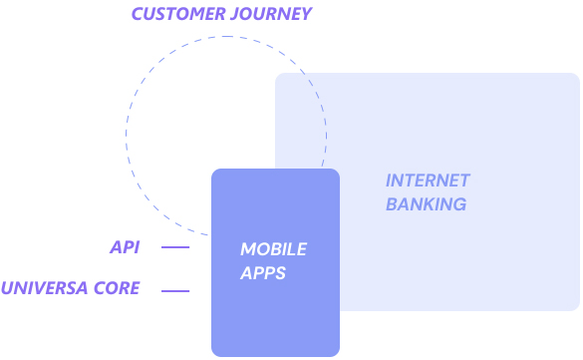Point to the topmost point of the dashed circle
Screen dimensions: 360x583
pyautogui.click(x=226, y=37)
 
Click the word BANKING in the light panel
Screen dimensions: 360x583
pyautogui.click(x=426, y=204)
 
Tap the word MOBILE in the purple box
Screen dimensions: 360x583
pyautogui.click(x=273, y=248)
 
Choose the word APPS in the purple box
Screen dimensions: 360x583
pyautogui.click(x=263, y=272)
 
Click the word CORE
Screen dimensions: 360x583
pyautogui.click(x=118, y=289)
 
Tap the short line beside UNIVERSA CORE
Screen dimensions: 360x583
pyautogui.click(x=174, y=291)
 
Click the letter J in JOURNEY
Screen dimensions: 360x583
pyautogui.click(x=235, y=14)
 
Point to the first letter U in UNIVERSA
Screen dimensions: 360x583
pyautogui.click(x=8, y=289)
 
